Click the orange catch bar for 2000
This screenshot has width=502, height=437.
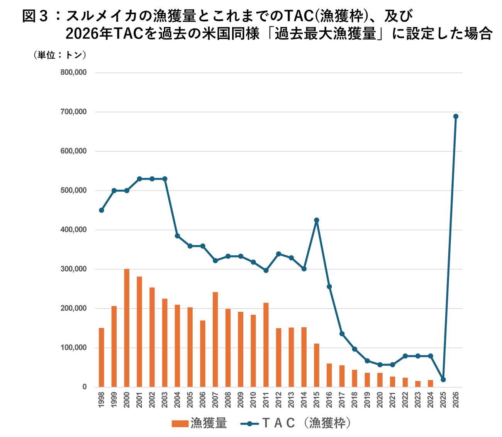pos(127,328)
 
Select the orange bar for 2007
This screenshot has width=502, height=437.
pos(215,340)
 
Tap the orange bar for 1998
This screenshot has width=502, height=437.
pos(102,357)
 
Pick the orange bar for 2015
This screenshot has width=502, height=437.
pos(317,365)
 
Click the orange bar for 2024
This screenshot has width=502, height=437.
pos(431,383)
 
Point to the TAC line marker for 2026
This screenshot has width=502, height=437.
pos(456,116)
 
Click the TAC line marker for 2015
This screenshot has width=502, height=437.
pos(317,220)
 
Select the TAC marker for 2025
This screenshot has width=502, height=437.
pos(443,380)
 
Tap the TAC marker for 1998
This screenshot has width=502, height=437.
pos(102,210)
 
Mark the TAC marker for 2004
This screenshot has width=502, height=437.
pos(178,236)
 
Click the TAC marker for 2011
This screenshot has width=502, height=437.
pos(266,270)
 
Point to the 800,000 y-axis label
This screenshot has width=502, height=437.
pos(73,73)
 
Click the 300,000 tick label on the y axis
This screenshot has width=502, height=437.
pos(73,269)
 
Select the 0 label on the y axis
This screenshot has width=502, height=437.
pos(84,387)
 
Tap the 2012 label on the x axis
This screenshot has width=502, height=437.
pos(279,399)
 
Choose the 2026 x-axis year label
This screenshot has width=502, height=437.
pos(456,399)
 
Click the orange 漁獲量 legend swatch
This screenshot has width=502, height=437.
pos(180,423)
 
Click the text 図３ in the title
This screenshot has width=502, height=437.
pos(35,16)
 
